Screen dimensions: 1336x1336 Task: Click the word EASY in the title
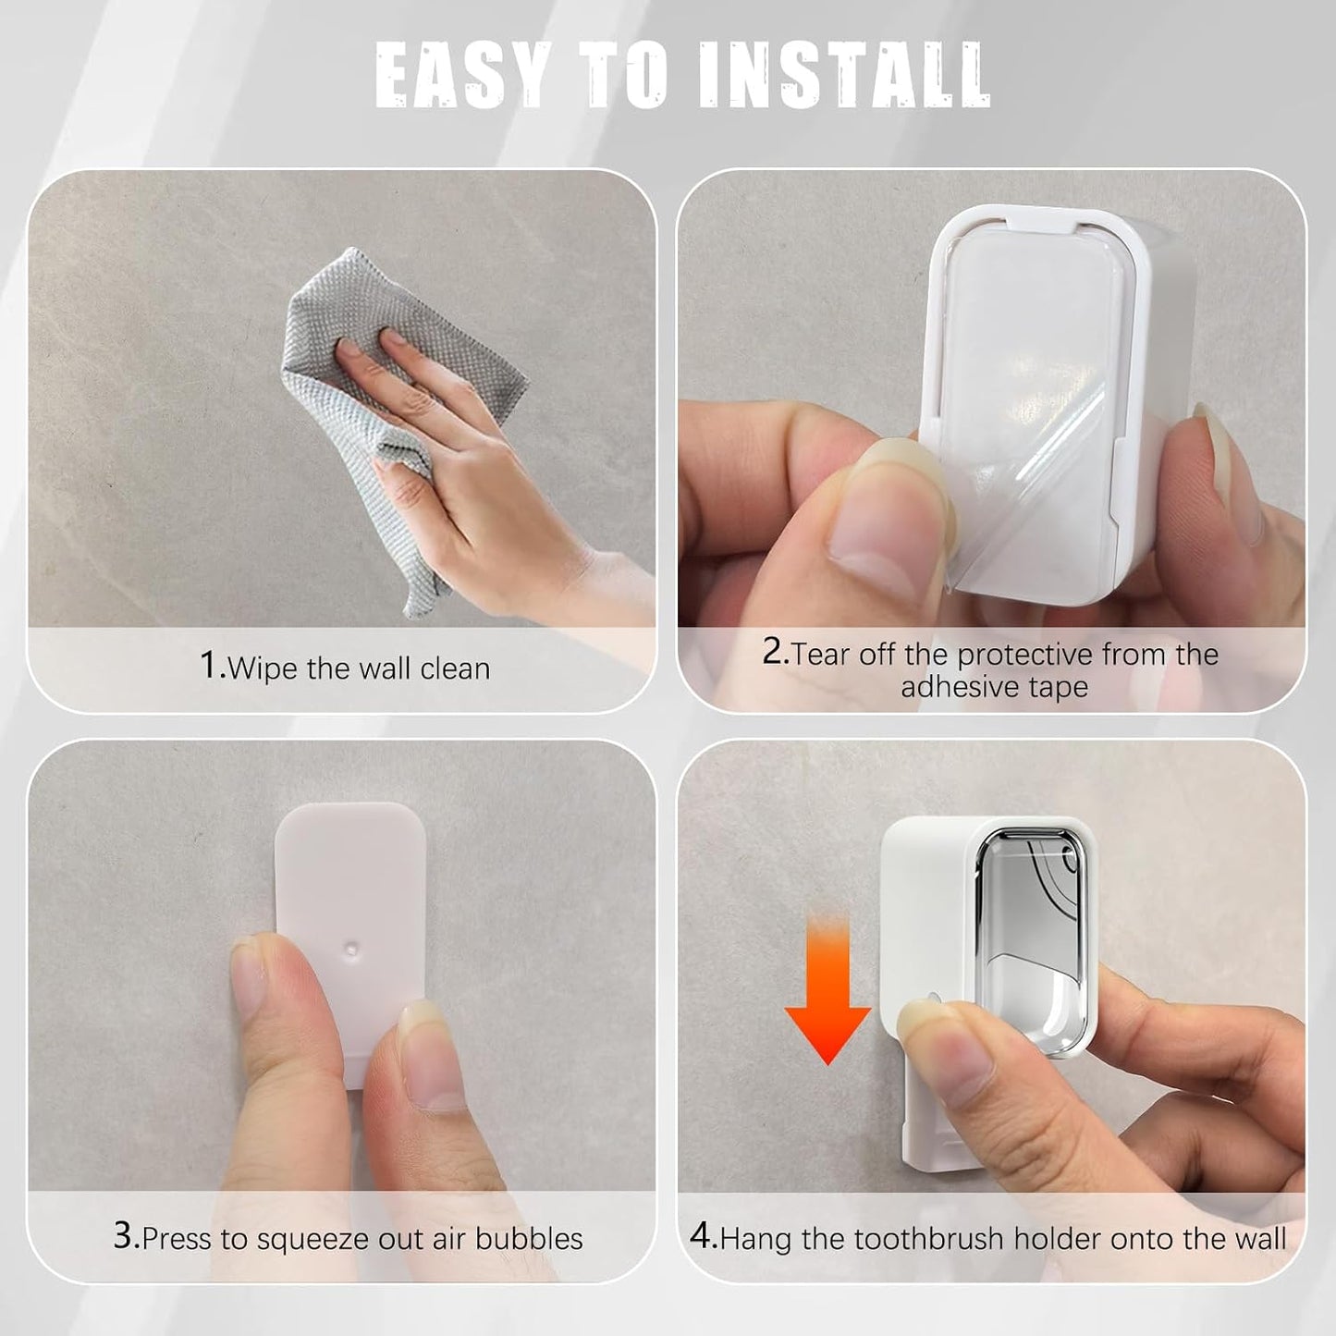tap(462, 75)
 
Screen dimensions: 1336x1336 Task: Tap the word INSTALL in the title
tap(844, 75)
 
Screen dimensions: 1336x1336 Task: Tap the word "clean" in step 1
tap(455, 669)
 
